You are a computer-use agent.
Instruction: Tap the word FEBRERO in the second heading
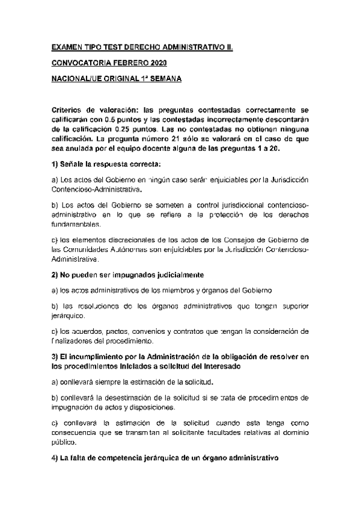coord(125,63)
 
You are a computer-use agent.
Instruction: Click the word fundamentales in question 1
coord(75,224)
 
